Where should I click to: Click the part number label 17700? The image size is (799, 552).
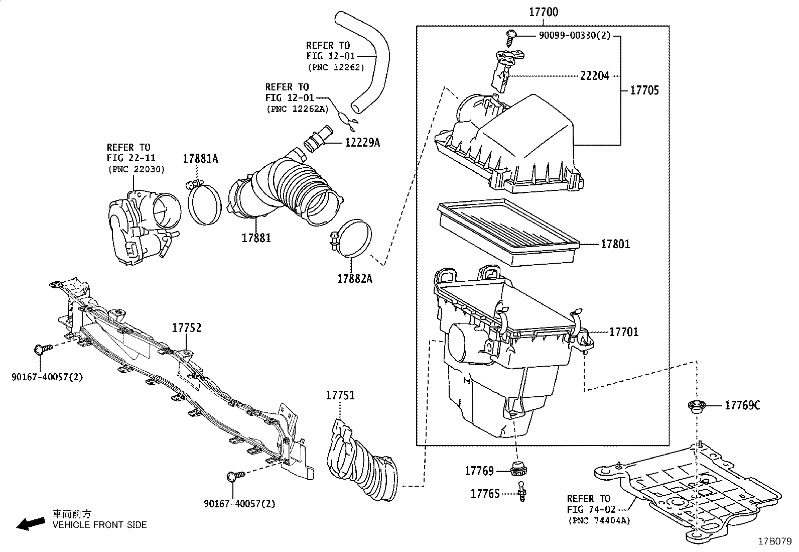coord(543,12)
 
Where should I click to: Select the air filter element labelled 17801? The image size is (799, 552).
coord(507,233)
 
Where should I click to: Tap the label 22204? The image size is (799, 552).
coord(595,76)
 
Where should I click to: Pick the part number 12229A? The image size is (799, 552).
coord(362,143)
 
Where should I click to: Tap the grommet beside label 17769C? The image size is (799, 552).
coord(696,406)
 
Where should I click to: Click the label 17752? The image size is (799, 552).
coord(187,328)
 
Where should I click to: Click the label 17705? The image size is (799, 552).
coord(644,90)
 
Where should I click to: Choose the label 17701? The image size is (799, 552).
coord(624,332)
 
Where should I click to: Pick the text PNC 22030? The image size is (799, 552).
coord(136,169)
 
